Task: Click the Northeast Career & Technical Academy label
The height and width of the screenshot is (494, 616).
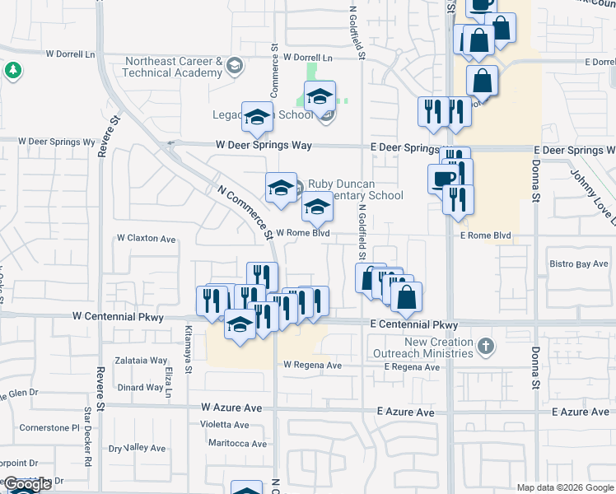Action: pos(174,67)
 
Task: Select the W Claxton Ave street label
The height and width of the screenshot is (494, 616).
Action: pos(146,239)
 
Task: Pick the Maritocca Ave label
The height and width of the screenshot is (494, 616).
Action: pos(237,444)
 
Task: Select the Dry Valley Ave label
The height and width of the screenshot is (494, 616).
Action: pos(138,449)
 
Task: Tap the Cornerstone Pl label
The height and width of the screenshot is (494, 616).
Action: pos(49,428)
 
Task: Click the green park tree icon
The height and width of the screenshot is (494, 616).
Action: pos(12,71)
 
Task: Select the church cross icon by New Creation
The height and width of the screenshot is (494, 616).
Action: pos(486,346)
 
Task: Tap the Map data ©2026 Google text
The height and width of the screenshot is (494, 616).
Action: pos(564,487)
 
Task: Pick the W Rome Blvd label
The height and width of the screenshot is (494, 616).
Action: pos(302,233)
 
